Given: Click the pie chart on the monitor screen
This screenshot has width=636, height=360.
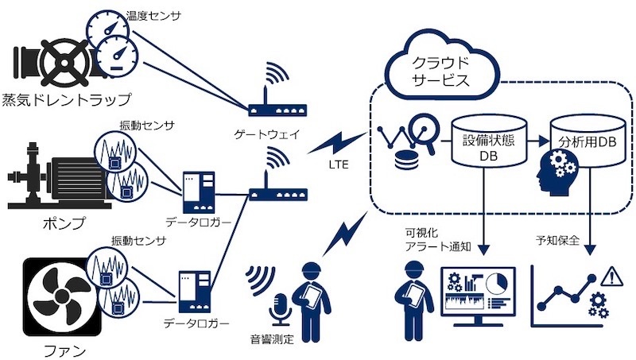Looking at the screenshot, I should pyautogui.click(x=498, y=283).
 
